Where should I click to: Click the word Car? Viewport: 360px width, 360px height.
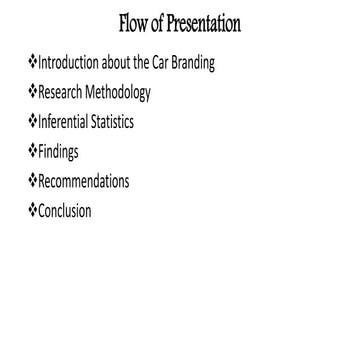click(x=160, y=63)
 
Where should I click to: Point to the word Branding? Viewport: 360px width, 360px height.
click(x=194, y=63)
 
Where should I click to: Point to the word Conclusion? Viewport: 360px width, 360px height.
click(x=64, y=211)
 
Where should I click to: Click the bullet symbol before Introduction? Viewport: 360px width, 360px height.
click(x=32, y=62)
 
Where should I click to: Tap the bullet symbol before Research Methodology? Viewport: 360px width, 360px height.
click(x=32, y=92)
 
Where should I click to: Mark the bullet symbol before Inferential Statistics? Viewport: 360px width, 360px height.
click(x=32, y=122)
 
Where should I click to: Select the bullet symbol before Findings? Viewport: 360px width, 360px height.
click(x=32, y=151)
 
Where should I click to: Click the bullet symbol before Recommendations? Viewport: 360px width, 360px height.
click(x=32, y=181)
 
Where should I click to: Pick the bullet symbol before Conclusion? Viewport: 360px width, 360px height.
click(x=32, y=210)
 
